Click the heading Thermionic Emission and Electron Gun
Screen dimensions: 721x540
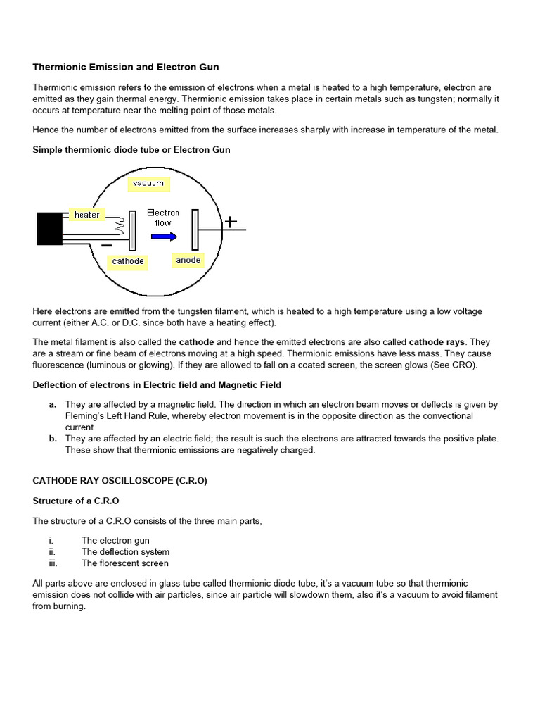pyautogui.click(x=126, y=68)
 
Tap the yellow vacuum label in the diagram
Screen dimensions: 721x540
pyautogui.click(x=148, y=183)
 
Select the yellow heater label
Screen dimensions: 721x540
pyautogui.click(x=86, y=214)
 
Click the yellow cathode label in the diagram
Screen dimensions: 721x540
pyautogui.click(x=128, y=261)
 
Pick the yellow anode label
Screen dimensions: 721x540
pyautogui.click(x=188, y=260)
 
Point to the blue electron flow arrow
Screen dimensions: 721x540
pyautogui.click(x=165, y=237)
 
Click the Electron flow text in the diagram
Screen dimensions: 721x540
pyautogui.click(x=163, y=218)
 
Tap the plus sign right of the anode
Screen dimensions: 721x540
pyautogui.click(x=230, y=222)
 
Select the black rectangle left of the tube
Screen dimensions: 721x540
pyautogui.click(x=49, y=229)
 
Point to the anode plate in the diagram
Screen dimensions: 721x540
pyautogui.click(x=197, y=230)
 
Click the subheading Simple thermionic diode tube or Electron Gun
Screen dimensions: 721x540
pyautogui.click(x=131, y=150)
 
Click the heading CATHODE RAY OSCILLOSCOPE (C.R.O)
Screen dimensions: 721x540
pyautogui.click(x=120, y=481)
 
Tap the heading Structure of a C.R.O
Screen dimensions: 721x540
pyautogui.click(x=76, y=501)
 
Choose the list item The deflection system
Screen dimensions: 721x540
pyautogui.click(x=125, y=552)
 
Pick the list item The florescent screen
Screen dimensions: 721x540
pyautogui.click(x=124, y=563)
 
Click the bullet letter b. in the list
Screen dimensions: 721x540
pyautogui.click(x=53, y=438)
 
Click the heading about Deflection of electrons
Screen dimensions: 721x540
pyautogui.click(x=157, y=384)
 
